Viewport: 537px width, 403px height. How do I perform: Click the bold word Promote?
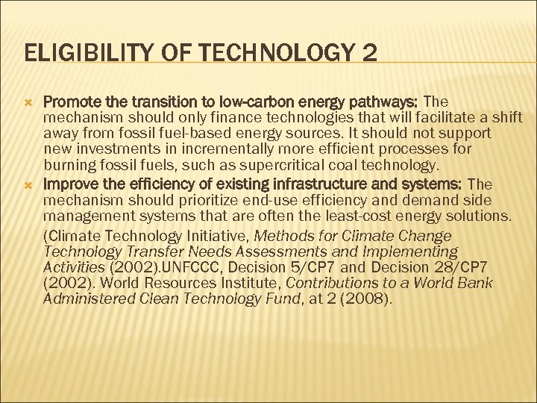pyautogui.click(x=71, y=101)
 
